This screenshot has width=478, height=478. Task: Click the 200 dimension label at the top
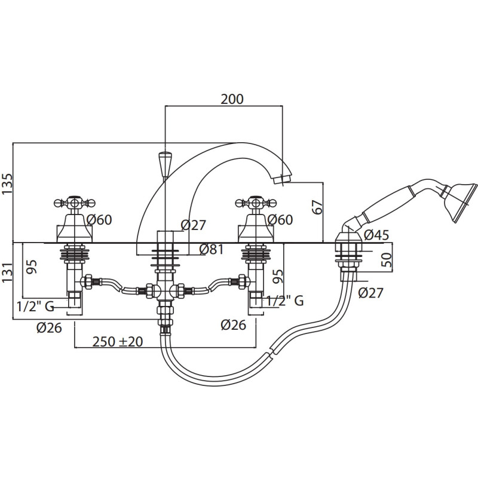232,99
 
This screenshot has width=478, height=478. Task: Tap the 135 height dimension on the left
7,183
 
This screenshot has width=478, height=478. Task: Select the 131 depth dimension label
7,272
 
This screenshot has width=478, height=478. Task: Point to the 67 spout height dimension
317,207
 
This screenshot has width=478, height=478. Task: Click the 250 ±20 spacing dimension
118,341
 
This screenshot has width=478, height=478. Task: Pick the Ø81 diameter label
212,249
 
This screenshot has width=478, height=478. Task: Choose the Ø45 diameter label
376,235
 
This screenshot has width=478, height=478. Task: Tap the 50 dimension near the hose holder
387,260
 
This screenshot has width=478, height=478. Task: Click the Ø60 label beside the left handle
99,219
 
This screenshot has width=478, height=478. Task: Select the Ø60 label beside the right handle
280,219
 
